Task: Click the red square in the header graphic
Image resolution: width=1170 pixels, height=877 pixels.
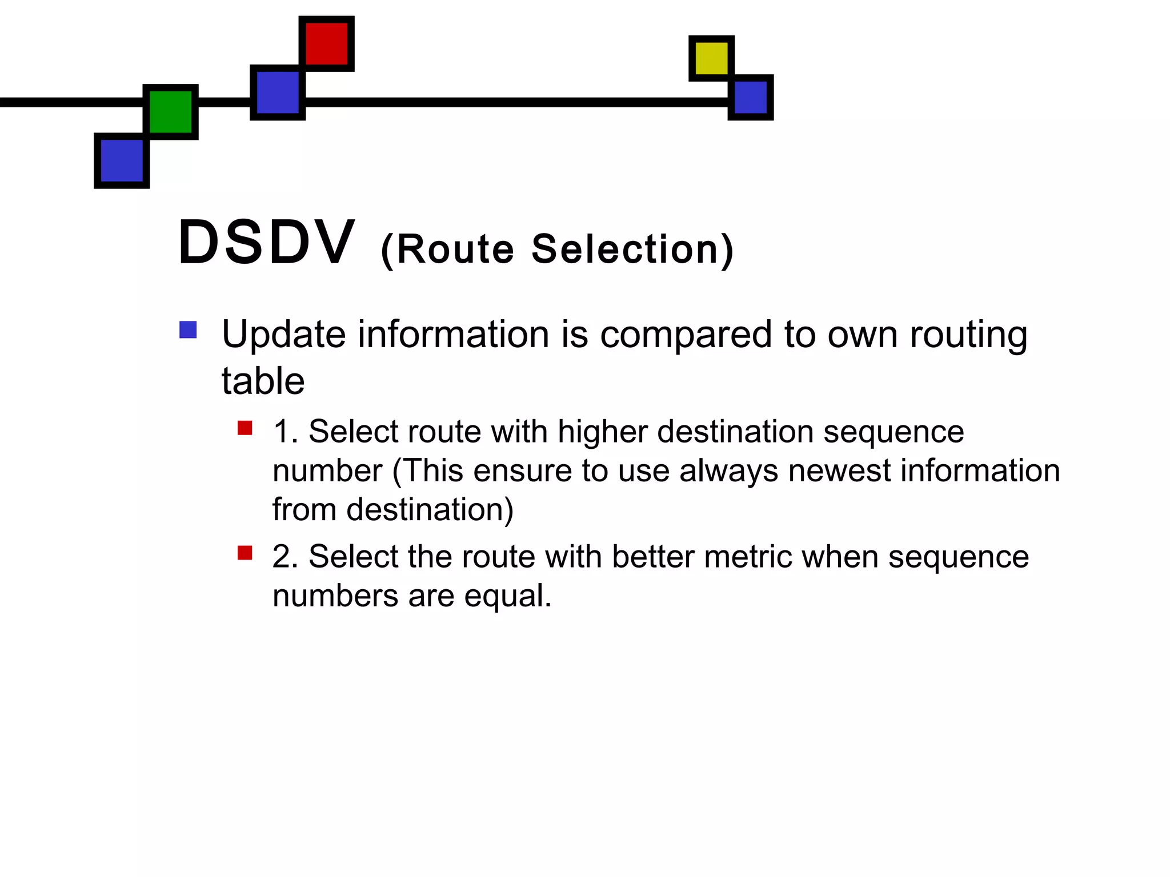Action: [x=327, y=43]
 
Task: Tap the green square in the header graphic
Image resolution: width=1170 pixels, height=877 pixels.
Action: [x=170, y=112]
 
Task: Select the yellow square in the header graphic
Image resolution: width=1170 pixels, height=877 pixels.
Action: [x=711, y=58]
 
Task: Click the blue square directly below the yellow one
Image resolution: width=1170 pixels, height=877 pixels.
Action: [x=751, y=97]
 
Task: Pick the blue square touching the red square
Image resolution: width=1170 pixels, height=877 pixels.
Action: [x=278, y=92]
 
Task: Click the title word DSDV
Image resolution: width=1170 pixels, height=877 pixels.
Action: [x=266, y=243]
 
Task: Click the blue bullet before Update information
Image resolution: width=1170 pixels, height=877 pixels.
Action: [x=188, y=330]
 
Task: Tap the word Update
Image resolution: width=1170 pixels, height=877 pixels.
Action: [x=284, y=335]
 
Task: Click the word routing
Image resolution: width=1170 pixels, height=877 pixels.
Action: [x=968, y=336]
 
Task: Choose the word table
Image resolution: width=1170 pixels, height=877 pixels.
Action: [x=263, y=381]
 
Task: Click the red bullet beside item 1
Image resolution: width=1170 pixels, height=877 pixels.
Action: [x=245, y=428]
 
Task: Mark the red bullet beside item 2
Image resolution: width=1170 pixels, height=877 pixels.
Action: [x=245, y=553]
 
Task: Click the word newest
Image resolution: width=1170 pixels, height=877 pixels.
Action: [x=839, y=471]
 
